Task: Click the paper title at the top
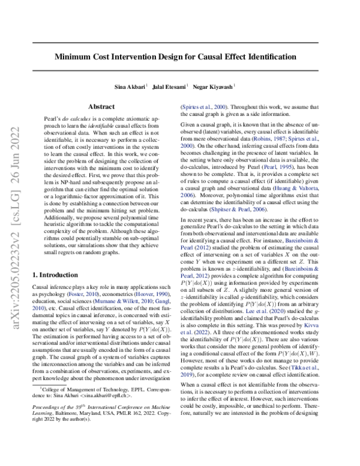(x=179, y=57)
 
